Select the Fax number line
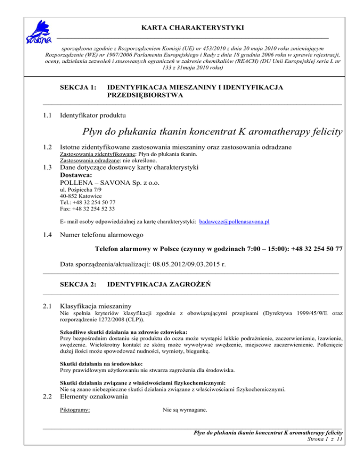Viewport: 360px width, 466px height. tap(88, 209)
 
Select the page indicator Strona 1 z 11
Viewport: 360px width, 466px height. tap(324, 439)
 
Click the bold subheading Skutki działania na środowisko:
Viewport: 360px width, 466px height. tap(100, 363)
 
